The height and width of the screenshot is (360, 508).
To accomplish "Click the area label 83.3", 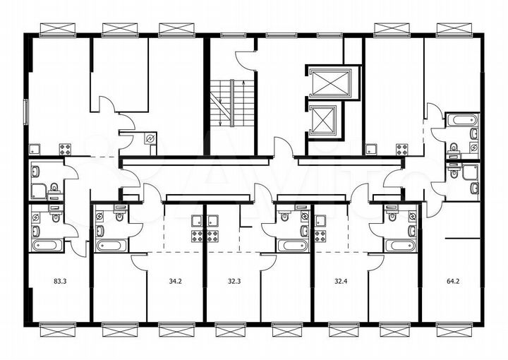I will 60,280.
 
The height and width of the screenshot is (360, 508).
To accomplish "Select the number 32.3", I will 234,280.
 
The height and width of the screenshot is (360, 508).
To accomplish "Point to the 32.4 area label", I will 340,280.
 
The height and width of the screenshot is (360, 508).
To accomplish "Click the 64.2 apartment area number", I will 451,280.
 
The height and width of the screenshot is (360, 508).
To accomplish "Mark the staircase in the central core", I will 226,102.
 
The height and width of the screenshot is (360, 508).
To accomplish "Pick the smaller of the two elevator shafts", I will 325,119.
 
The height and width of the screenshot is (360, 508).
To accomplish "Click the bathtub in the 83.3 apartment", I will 47,246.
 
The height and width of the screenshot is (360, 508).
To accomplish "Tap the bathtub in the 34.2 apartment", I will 111,246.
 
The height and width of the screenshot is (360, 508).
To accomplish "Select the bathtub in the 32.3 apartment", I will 291,246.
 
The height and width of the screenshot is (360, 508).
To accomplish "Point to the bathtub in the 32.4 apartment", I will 399,246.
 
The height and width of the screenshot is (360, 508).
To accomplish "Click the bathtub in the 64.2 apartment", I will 463,119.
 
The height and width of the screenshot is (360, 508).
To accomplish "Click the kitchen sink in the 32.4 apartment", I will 321,220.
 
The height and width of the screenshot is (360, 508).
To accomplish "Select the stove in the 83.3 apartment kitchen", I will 65,149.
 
